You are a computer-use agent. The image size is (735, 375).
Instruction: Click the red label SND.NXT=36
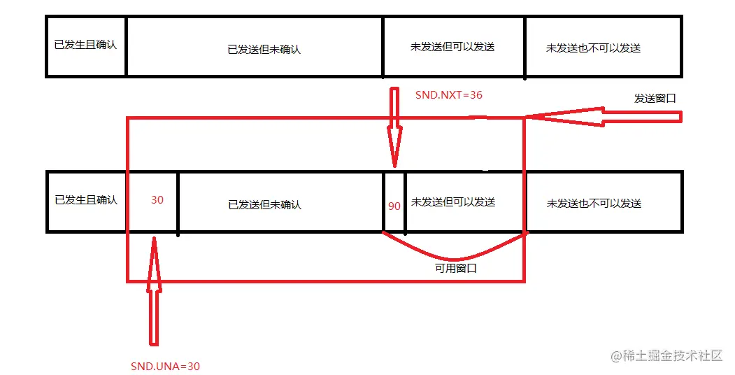click(448, 94)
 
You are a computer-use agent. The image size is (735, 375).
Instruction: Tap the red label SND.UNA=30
click(165, 366)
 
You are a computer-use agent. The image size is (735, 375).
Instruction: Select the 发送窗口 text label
click(655, 99)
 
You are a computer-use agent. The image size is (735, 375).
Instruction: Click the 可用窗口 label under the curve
click(455, 268)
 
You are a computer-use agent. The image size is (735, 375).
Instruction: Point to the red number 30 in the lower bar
click(157, 200)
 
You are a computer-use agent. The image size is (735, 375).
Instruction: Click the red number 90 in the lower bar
click(394, 206)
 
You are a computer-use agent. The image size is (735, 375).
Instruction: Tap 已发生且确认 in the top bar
click(85, 45)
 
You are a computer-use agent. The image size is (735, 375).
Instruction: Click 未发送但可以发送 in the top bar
click(452, 47)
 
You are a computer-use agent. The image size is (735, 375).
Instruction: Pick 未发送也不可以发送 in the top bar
click(593, 48)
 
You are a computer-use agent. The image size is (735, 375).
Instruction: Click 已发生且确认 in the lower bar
click(86, 200)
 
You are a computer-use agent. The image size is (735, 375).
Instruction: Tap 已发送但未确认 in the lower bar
click(264, 205)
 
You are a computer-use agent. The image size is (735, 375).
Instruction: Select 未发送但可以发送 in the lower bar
click(453, 202)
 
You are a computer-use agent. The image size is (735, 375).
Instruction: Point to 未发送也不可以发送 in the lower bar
click(594, 204)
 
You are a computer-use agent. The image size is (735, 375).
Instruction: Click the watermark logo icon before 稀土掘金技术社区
click(616, 355)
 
